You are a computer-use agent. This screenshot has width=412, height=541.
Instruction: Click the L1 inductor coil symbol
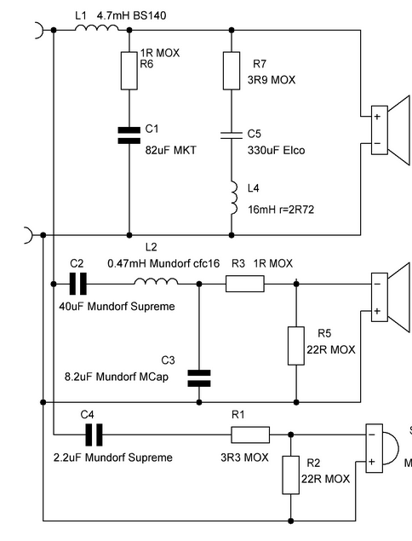click(x=96, y=27)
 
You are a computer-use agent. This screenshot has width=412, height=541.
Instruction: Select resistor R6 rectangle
click(x=129, y=71)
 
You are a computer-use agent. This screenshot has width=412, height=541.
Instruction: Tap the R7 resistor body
click(x=232, y=71)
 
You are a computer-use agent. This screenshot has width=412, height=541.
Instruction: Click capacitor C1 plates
click(x=129, y=135)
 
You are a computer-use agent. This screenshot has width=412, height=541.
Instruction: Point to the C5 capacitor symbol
click(x=232, y=135)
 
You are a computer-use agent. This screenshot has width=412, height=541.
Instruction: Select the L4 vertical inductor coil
click(x=234, y=198)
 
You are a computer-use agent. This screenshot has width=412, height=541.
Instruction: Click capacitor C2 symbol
click(x=78, y=284)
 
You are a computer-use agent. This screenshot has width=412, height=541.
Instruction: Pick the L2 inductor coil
click(x=156, y=281)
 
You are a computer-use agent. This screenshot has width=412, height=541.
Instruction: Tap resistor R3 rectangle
click(x=245, y=284)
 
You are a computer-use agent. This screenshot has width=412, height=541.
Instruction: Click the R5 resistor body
click(x=296, y=346)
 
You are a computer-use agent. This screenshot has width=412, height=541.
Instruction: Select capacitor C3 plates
click(x=199, y=378)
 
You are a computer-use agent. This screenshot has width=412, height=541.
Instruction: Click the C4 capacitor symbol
click(x=94, y=435)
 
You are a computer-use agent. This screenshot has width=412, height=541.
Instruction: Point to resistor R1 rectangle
click(x=250, y=435)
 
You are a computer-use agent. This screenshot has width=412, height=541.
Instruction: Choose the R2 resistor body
click(x=290, y=475)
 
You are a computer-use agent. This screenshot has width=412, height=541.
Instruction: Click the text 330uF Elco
click(x=276, y=151)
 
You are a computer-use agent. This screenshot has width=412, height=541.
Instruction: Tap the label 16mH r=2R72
click(x=281, y=210)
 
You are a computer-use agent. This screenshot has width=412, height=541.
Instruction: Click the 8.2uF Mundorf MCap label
click(x=117, y=377)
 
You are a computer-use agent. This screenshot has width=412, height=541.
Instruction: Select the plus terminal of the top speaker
click(x=377, y=117)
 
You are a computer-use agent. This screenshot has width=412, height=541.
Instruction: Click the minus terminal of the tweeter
click(x=372, y=435)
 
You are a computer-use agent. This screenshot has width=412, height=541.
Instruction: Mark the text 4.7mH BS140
click(x=131, y=15)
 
